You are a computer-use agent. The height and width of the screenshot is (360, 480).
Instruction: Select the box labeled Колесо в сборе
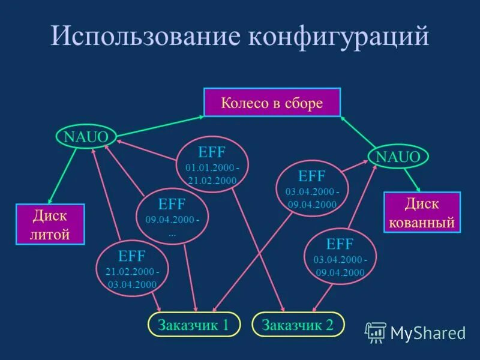click(272, 103)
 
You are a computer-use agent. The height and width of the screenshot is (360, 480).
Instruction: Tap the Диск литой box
click(50, 224)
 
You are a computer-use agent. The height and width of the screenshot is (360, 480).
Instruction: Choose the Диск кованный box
click(421, 213)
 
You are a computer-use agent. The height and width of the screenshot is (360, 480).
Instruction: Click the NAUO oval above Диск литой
click(86, 136)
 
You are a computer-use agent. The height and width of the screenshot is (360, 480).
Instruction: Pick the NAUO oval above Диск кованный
click(398, 157)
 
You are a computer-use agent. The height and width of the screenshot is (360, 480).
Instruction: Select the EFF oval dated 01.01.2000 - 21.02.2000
click(211, 164)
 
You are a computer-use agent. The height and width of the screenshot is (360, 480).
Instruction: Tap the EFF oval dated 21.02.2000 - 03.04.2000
click(132, 269)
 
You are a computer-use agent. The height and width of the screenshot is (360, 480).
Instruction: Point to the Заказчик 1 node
click(194, 325)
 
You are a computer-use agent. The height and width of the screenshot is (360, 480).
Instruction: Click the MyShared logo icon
click(376, 332)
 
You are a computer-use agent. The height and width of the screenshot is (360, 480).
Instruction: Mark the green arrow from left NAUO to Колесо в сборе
click(159, 124)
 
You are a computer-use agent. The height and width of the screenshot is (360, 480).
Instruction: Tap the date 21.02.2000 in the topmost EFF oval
click(211, 180)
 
